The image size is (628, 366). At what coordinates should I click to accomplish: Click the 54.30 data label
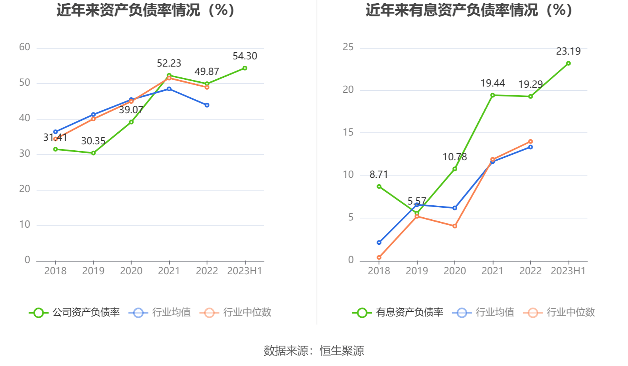pyautogui.click(x=245, y=56)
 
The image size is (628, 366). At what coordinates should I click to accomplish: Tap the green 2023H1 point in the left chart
pyautogui.click(x=245, y=68)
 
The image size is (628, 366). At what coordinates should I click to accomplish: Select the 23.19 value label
pyautogui.click(x=568, y=51)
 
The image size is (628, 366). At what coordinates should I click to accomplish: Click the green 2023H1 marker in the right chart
pyautogui.click(x=568, y=63)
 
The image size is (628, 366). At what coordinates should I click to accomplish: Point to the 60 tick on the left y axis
pyautogui.click(x=25, y=47)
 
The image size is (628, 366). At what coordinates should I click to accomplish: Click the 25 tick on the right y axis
pyautogui.click(x=348, y=47)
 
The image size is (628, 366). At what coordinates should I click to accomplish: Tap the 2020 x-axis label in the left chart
pyautogui.click(x=131, y=271)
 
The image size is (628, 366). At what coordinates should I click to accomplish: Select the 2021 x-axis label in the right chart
pyautogui.click(x=492, y=271)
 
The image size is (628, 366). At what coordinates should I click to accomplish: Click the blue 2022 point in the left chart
pyautogui.click(x=207, y=105)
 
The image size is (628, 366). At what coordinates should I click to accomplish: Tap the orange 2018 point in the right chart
pyautogui.click(x=379, y=258)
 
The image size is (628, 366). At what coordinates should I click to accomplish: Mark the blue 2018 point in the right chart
pyautogui.click(x=379, y=242)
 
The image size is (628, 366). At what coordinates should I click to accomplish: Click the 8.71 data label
pyautogui.click(x=378, y=175)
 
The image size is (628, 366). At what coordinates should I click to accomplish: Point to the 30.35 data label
pyautogui.click(x=93, y=141)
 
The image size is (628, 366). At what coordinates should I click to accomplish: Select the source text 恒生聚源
pyautogui.click(x=342, y=351)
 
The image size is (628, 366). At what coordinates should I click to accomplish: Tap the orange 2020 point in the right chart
pyautogui.click(x=454, y=226)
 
